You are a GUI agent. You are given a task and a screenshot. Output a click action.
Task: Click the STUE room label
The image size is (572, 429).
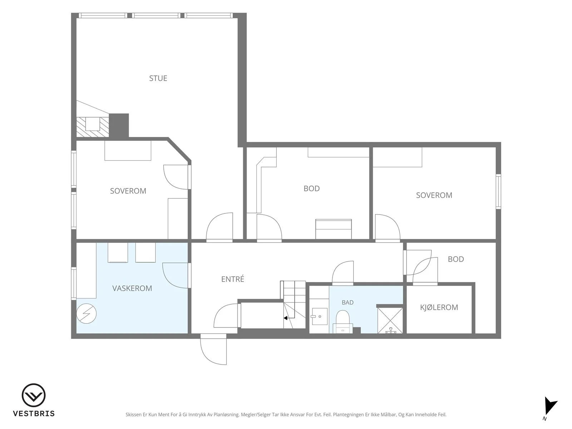click(158, 78)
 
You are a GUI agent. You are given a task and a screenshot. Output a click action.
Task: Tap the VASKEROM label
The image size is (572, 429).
click(132, 289)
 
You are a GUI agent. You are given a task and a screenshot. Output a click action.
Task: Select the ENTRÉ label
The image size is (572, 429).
click(232, 279)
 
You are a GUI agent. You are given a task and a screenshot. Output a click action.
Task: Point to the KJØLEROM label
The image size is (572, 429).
click(439, 307)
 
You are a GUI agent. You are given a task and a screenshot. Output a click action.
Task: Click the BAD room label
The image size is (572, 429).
click(347, 302)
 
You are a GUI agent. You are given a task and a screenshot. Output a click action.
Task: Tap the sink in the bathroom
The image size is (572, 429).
click(320, 316)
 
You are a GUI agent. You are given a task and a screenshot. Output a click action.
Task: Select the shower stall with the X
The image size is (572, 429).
click(390, 320)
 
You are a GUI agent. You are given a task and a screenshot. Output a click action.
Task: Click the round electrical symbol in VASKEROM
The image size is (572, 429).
click(87, 314)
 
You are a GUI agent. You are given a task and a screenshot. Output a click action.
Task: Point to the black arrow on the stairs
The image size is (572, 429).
click(289, 318)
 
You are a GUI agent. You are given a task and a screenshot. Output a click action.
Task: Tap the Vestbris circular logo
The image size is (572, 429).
click(34, 395)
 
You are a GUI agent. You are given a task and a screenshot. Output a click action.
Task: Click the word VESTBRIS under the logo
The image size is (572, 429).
click(34, 414)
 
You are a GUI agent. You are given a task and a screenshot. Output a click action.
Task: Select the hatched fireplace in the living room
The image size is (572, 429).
click(93, 127)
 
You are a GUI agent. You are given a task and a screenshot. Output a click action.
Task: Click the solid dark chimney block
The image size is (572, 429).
click(119, 125)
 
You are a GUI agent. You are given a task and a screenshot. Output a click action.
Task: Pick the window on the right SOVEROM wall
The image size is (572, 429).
click(498, 192)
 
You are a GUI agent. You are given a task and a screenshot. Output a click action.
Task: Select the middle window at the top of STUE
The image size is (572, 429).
click(156, 16)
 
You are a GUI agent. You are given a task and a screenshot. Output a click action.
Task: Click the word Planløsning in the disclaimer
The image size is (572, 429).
click(226, 414)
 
